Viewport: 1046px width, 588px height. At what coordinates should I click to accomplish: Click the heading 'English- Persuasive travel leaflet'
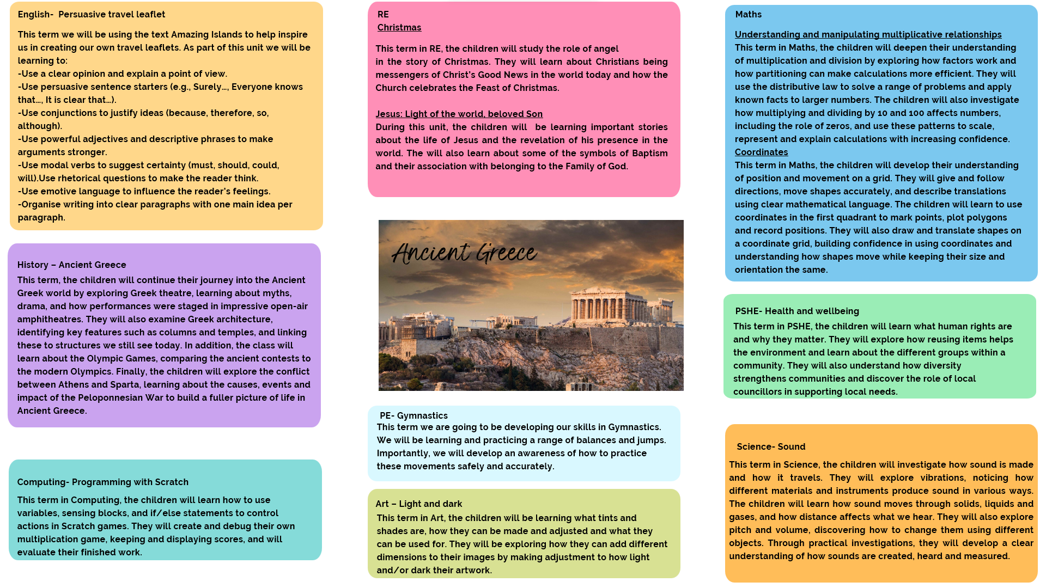pos(91,15)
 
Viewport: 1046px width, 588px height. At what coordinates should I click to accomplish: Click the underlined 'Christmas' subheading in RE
pos(399,28)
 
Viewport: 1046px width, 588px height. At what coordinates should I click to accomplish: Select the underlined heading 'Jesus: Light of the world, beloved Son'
pos(459,114)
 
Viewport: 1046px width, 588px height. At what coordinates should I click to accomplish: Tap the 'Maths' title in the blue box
pos(748,15)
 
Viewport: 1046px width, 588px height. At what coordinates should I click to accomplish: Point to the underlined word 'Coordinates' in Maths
pos(761,152)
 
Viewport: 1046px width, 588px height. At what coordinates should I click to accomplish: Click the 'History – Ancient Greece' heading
pos(71,265)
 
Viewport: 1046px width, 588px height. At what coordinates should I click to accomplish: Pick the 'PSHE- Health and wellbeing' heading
pos(796,311)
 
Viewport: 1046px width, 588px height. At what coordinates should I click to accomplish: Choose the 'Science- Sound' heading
pos(770,447)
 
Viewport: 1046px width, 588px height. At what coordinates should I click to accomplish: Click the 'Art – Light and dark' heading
pos(418,504)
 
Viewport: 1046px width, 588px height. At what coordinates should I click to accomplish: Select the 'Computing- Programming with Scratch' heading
pos(102,482)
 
